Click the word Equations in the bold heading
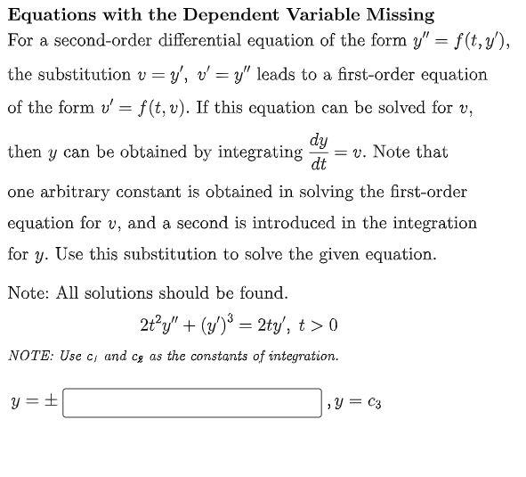pos(46,14)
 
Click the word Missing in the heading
pos(401,14)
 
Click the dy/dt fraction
pos(319,152)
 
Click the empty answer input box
pos(192,403)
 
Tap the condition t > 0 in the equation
pos(320,325)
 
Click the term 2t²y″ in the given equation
pos(162,325)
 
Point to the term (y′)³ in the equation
pos(214,325)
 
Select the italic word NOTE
pos(28,356)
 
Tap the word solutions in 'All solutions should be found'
pos(117,292)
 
